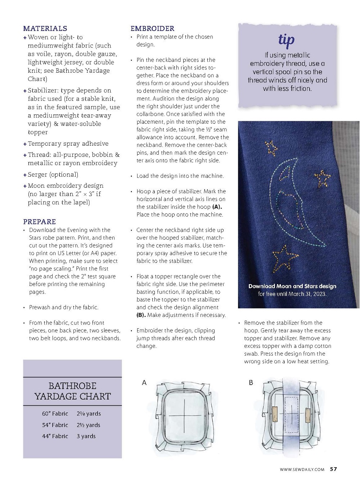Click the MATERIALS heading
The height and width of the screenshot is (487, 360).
45,28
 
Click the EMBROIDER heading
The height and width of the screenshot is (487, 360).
152,28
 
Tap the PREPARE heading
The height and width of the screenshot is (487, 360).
40,222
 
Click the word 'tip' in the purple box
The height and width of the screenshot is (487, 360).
287,40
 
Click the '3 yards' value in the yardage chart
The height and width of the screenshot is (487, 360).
86,436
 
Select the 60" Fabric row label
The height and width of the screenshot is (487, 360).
55,414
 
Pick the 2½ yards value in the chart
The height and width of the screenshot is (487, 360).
88,425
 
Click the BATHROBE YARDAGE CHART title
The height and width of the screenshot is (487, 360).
72,391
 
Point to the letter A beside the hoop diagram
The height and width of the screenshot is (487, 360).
144,383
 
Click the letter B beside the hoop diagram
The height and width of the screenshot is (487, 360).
251,383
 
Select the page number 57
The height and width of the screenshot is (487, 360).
333,469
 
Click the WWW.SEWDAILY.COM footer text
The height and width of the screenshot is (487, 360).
302,469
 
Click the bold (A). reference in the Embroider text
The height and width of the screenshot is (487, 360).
217,207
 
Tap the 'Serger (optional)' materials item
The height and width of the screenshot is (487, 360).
53,174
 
